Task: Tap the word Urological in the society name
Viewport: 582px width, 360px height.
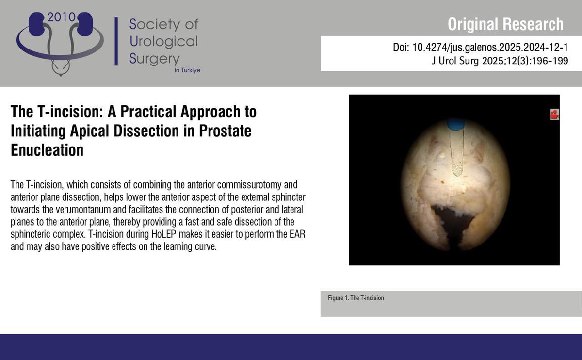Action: [164, 41]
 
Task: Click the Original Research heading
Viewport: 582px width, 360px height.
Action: [505, 24]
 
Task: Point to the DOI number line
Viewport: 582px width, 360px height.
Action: [480, 49]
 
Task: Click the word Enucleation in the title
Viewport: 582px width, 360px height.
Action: [47, 150]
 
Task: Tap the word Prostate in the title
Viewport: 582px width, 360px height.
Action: [224, 131]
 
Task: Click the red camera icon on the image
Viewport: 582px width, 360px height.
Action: [554, 115]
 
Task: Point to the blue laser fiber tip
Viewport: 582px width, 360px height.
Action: [455, 124]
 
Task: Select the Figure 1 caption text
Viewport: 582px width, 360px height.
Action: [356, 298]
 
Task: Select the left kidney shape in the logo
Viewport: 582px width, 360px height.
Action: [38, 23]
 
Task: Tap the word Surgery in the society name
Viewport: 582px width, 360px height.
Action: [154, 59]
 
